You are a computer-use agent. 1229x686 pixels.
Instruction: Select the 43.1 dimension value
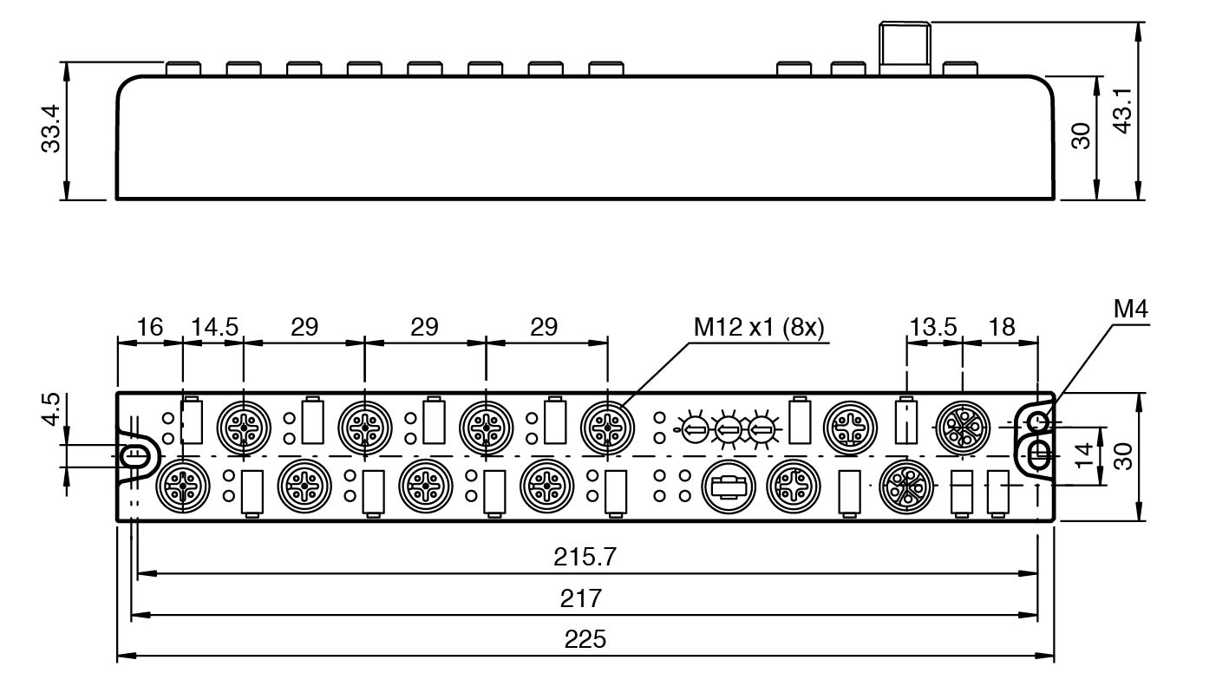tap(1122, 109)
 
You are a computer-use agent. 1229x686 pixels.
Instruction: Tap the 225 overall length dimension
tap(585, 639)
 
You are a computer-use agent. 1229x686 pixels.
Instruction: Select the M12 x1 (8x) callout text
tap(759, 327)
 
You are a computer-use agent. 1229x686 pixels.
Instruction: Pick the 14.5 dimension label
tap(214, 327)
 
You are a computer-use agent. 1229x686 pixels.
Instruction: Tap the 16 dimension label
tap(149, 327)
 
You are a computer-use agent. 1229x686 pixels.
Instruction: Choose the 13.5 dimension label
tap(933, 327)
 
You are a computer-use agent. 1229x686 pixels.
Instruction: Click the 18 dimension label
tap(1001, 327)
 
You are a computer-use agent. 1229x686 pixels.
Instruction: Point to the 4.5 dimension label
tap(51, 409)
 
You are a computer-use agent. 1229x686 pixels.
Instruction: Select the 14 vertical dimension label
tap(1084, 454)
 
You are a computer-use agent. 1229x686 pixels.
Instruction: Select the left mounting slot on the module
tap(134, 454)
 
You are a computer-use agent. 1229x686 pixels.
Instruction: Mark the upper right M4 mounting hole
tap(1038, 422)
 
